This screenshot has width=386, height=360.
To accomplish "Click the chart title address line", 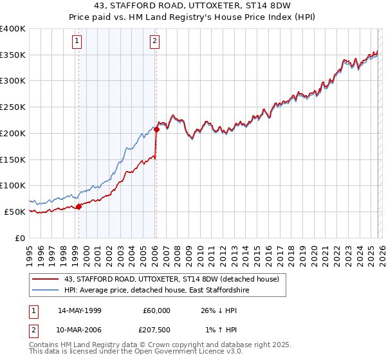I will (x=193, y=6).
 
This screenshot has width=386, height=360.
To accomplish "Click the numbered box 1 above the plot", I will (x=77, y=42).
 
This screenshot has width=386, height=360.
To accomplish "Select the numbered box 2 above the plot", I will (x=156, y=42).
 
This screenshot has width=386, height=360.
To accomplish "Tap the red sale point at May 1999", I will (x=78, y=206).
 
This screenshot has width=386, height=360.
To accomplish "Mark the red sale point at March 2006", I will (x=156, y=129).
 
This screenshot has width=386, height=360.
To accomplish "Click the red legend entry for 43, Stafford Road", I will (x=171, y=279).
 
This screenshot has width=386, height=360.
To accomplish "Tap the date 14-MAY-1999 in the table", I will (x=79, y=310).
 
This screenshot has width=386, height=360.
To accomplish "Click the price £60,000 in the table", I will (x=156, y=310).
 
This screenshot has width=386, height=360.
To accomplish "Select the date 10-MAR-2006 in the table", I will (x=79, y=330).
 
